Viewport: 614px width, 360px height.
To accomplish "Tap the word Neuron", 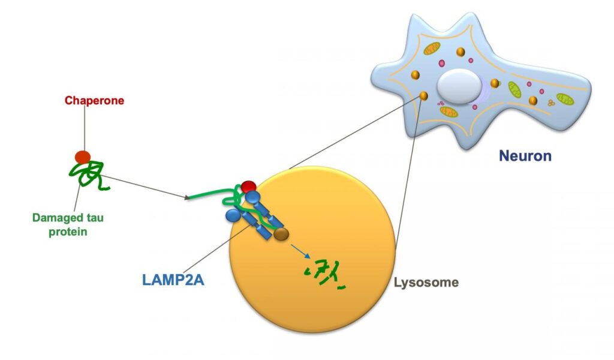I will click(525, 157).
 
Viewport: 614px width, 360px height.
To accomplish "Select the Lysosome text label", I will click(426, 282).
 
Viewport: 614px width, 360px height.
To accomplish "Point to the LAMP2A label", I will click(173, 280).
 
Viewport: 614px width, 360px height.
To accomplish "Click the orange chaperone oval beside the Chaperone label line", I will click(82, 157).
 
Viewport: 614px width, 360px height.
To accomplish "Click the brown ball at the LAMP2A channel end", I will click(281, 234).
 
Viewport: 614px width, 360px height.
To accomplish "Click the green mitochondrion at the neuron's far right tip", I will click(564, 98).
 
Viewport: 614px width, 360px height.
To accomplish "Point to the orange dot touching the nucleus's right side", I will click(495, 83).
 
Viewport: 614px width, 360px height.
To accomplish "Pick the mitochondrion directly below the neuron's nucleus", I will click(449, 112).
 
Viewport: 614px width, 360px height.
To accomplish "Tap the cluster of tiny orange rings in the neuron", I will click(550, 103).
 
